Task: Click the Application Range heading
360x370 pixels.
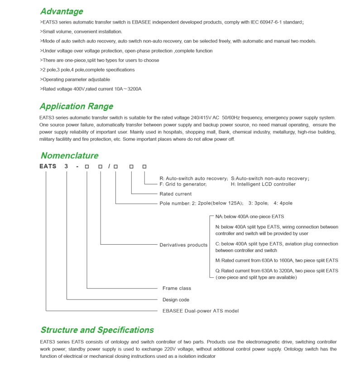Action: coord(76,107)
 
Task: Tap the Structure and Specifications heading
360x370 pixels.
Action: coord(97,330)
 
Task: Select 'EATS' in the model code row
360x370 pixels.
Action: coord(48,166)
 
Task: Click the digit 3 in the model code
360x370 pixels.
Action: coord(67,166)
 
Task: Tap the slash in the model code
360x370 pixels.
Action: coord(109,166)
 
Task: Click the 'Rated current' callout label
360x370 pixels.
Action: coord(176,194)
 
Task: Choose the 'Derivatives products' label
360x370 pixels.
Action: coord(183,245)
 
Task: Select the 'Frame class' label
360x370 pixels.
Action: coord(177,288)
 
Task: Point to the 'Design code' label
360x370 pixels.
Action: coord(176,300)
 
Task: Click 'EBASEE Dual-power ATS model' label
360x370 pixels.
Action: coord(200,311)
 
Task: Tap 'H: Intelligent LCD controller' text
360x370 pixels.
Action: coord(263,184)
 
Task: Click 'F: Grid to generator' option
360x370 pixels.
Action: coord(183,184)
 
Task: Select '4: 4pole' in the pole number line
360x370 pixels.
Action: coord(283,204)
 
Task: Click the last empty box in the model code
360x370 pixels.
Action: coord(144,166)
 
